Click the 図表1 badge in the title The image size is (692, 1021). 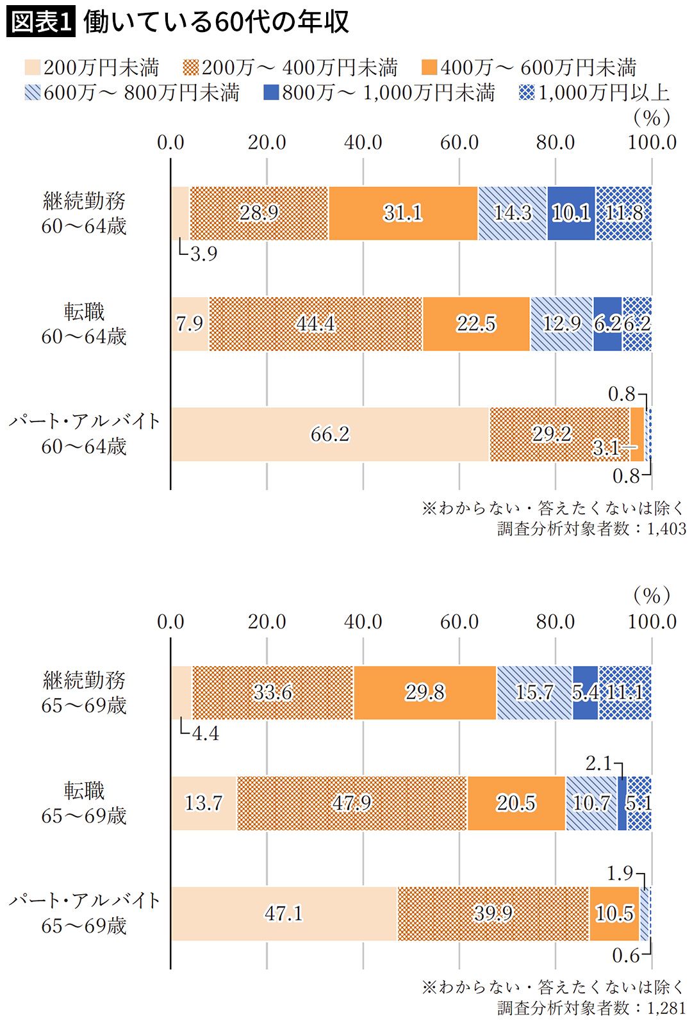41,23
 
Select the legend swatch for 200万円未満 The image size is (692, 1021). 33,68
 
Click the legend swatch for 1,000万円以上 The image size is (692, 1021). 526,93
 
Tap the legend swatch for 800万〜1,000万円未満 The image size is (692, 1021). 271,93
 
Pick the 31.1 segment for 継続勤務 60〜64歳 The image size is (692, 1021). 403,213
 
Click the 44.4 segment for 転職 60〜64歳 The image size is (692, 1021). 315,323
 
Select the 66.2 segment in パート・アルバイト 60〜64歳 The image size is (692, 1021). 330,434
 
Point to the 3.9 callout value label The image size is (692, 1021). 204,254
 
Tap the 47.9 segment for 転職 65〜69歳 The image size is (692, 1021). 352,803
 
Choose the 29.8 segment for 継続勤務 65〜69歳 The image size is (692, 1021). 425,692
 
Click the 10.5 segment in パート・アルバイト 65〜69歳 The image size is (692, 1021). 614,913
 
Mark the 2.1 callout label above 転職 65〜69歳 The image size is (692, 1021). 598,764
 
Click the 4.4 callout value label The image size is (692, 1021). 205,733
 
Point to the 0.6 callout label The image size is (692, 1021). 625,956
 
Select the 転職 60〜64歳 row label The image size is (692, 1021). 84,324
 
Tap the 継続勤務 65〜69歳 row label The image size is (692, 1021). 84,692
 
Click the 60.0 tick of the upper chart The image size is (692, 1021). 459,142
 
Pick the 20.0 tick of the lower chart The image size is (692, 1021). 267,621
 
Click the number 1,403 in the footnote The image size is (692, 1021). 667,529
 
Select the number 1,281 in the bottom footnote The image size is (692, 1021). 667,1008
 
